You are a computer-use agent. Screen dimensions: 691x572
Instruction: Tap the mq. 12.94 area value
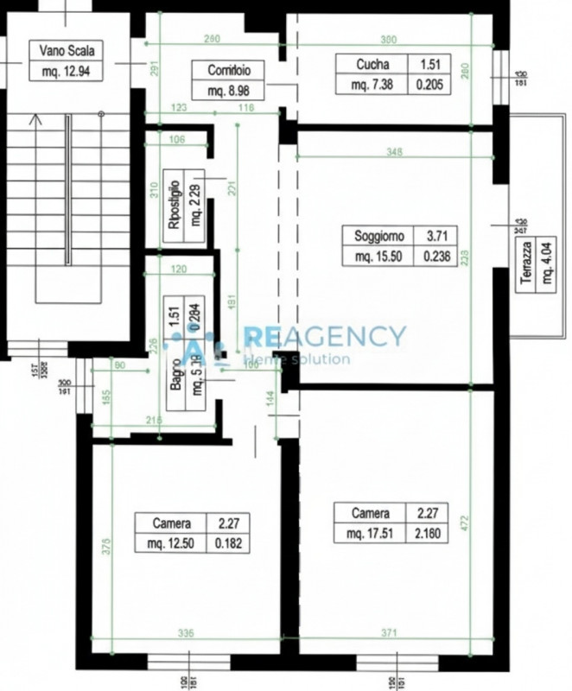tap(59, 71)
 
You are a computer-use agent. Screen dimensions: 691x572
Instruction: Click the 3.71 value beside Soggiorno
tap(434, 236)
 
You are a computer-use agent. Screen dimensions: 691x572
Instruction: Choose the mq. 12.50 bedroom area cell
tap(169, 542)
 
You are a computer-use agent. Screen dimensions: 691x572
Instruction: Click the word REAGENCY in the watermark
tap(324, 336)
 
